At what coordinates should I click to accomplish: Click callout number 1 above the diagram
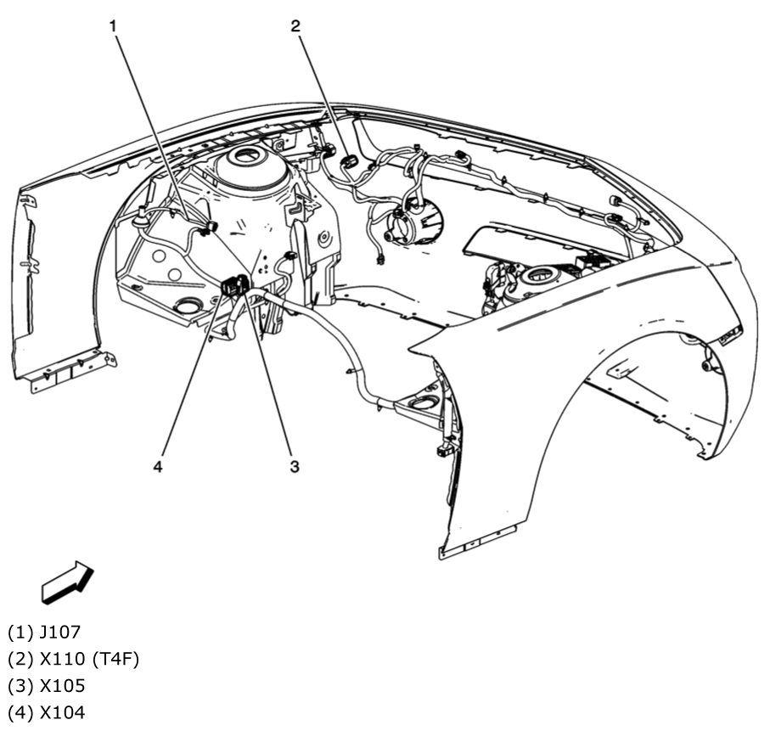113,25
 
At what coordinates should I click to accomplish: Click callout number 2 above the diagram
295,25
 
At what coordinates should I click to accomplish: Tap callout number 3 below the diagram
294,466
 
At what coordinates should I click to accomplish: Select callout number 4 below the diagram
158,466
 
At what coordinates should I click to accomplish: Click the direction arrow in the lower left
67,582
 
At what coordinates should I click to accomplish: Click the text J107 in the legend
60,632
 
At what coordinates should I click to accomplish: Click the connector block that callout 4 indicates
232,287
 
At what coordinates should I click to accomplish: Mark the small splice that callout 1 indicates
211,227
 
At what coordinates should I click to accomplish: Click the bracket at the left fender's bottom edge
73,371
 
